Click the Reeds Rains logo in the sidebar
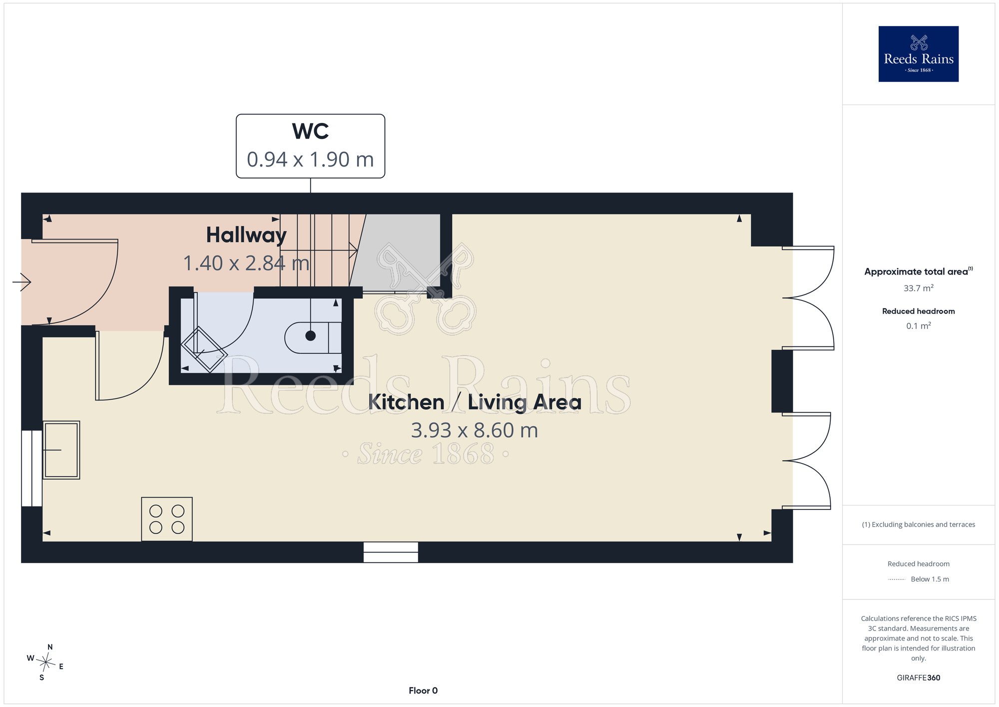click(x=918, y=54)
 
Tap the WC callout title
click(x=310, y=131)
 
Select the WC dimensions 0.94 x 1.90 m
click(x=310, y=159)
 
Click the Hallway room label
click(x=246, y=235)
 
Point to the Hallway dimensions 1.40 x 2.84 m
click(x=246, y=263)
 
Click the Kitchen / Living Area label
click(x=475, y=402)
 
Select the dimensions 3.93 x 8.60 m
click(x=475, y=430)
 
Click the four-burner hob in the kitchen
click(x=167, y=519)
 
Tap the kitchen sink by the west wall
click(x=61, y=450)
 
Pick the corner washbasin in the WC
click(x=204, y=349)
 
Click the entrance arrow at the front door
click(x=22, y=282)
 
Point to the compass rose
click(x=45, y=662)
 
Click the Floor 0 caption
click(x=423, y=690)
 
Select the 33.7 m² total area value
click(x=919, y=288)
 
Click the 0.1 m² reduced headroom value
click(x=919, y=325)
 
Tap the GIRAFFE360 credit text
click(x=919, y=678)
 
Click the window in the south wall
click(x=391, y=552)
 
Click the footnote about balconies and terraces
click(x=919, y=524)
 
